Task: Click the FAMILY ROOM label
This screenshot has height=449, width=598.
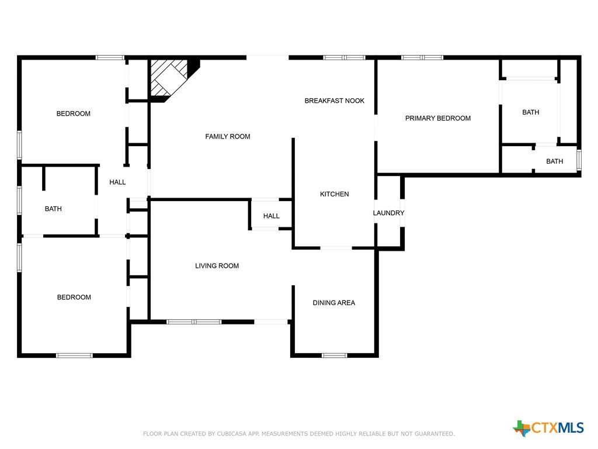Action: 228,136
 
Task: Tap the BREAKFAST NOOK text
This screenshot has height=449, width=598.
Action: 335,101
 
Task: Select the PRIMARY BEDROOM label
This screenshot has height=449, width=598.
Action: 438,118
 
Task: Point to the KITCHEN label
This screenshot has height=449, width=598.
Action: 335,194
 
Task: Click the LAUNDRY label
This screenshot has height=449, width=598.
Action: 388,213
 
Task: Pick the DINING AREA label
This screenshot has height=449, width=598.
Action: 333,303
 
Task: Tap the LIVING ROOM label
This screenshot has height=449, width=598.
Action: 217,266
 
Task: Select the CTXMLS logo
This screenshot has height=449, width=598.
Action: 548,428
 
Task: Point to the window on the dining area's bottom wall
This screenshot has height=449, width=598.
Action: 335,355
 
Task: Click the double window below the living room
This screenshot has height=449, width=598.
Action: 194,322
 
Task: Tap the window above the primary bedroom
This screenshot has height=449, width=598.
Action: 422,58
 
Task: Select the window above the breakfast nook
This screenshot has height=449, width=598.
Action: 345,58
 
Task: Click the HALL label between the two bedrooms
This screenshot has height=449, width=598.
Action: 117,182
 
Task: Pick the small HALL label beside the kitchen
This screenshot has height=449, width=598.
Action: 271,216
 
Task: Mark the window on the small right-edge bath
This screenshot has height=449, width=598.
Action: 579,160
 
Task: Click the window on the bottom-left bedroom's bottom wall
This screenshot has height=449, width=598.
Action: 74,355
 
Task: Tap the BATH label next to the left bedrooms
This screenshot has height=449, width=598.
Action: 53,209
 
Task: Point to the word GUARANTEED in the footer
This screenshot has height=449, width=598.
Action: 434,434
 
